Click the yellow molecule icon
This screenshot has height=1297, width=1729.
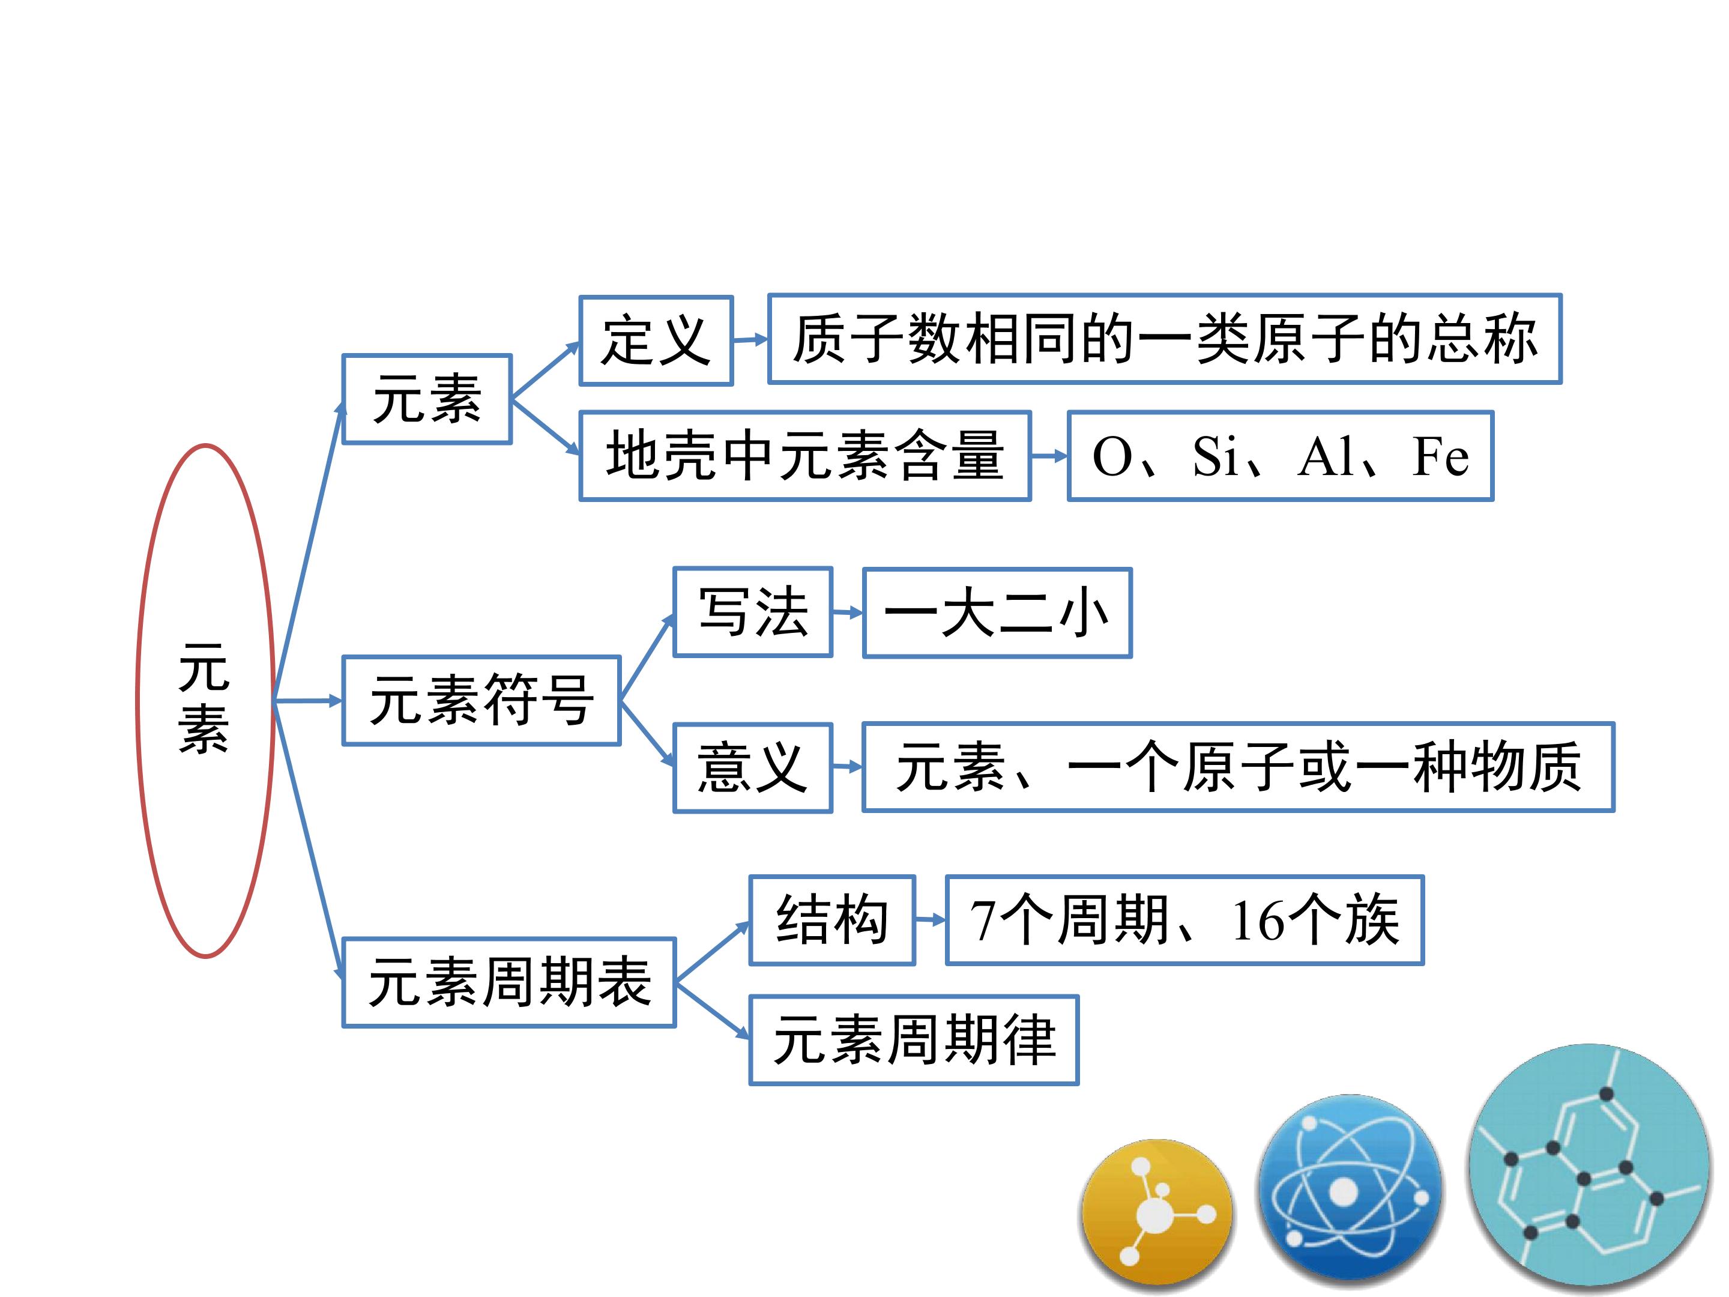pyautogui.click(x=1157, y=1214)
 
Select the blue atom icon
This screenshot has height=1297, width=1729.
pyautogui.click(x=1350, y=1188)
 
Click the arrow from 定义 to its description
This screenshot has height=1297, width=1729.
pyautogui.click(x=750, y=340)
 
